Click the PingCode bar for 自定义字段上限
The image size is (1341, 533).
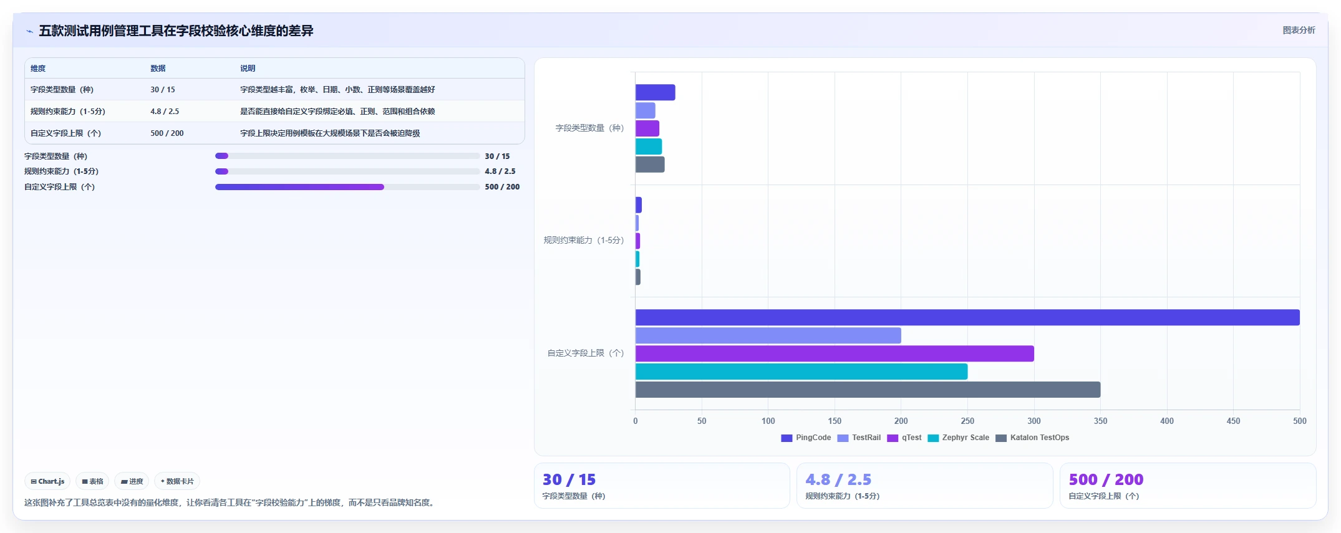pos(967,317)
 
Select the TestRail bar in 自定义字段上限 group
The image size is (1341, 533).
pos(768,335)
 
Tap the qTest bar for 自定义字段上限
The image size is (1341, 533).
pos(835,353)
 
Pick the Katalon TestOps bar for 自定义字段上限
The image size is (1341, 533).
pos(868,390)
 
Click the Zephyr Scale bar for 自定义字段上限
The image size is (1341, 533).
pos(801,372)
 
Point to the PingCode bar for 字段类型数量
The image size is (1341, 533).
pos(656,92)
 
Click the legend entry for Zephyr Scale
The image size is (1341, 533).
pos(959,438)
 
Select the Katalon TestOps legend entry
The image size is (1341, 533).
pos(1032,438)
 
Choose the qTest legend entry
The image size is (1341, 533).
pos(904,438)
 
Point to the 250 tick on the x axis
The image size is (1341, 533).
pos(967,421)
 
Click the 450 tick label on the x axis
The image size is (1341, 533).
pos(1233,421)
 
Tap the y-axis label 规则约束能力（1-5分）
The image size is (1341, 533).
pos(584,240)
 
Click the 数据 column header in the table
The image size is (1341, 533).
pos(158,69)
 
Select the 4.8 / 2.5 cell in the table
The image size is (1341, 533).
pos(165,112)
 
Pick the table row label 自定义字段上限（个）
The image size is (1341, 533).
pos(65,133)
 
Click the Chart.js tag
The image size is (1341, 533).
pos(47,481)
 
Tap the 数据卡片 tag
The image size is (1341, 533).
pos(177,481)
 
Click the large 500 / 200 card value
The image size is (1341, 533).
pos(1106,479)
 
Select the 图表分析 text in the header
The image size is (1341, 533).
pos(1299,30)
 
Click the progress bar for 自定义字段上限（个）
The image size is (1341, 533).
pos(347,187)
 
